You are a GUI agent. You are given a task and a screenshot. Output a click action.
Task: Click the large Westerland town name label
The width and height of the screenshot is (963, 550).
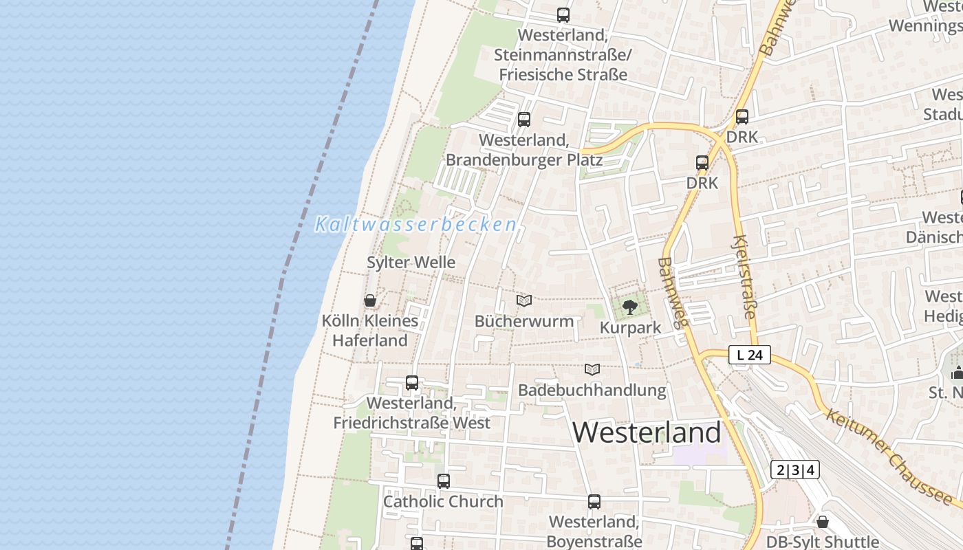point(647,432)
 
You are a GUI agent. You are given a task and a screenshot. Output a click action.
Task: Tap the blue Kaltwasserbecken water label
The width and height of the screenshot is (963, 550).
point(415,224)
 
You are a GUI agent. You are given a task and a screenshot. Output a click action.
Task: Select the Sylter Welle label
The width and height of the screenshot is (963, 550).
point(411,262)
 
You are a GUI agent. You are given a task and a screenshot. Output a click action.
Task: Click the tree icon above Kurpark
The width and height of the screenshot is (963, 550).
point(629,307)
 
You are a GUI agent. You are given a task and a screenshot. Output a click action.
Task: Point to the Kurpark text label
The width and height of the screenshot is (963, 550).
point(630,328)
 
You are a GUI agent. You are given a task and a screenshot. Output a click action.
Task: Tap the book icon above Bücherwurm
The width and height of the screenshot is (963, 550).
point(524,301)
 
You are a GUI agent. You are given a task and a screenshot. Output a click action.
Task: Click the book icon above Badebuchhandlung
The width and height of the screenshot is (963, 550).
point(592,370)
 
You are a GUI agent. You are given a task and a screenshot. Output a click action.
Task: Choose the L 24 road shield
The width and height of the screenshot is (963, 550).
point(750,355)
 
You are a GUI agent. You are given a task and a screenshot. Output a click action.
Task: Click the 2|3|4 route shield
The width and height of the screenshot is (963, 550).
point(794,470)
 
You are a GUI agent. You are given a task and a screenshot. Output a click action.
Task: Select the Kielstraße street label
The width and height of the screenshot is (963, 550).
point(745,276)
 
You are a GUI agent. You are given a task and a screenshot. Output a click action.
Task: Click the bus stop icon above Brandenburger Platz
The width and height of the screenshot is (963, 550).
point(524,120)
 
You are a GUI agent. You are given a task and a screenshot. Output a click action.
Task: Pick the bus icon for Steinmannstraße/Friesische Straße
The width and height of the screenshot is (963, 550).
point(563,15)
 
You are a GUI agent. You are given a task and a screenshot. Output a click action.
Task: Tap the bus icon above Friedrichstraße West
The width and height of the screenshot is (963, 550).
point(411,383)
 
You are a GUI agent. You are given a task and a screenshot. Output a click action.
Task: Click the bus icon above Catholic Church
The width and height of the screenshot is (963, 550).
point(443,481)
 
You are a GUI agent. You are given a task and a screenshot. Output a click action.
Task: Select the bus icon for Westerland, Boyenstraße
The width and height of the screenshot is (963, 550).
point(594,502)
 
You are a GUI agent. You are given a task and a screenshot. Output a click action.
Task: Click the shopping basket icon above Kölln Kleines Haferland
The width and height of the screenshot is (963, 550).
point(370,300)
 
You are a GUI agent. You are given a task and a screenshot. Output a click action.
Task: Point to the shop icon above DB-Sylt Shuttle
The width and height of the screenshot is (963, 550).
point(822,522)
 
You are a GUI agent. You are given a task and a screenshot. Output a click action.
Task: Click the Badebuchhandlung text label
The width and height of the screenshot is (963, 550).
point(592,390)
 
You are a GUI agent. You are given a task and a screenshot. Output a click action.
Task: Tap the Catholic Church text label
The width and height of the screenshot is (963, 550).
point(443,502)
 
